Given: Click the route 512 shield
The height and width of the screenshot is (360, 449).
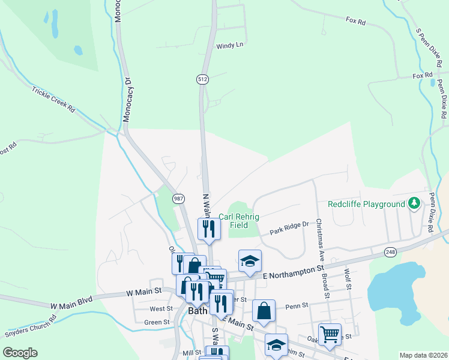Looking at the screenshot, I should coord(202,79).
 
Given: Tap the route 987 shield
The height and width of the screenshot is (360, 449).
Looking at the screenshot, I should coord(178,198).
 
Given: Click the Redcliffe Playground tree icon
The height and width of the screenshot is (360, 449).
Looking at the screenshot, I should coord(414,204).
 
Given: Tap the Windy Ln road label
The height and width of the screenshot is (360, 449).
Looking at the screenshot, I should coord(230,45).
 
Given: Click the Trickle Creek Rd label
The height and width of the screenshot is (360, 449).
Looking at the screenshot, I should coord(54,100).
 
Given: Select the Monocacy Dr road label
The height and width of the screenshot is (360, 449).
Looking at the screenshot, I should coord(127,100).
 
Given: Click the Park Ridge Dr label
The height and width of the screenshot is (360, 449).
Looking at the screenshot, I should coord(289,227).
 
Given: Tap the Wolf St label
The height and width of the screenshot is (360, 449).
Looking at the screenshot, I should coord(347,278).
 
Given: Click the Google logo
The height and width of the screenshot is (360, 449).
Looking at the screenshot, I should coord(20,352).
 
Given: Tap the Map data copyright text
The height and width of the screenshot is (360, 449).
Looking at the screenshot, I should coord(423,355).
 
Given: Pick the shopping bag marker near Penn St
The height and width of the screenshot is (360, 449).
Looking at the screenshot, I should coord(264,310).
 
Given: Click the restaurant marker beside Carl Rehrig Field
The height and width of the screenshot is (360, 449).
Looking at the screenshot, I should coord(209,229).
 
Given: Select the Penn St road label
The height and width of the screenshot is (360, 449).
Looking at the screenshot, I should coord(297,305).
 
